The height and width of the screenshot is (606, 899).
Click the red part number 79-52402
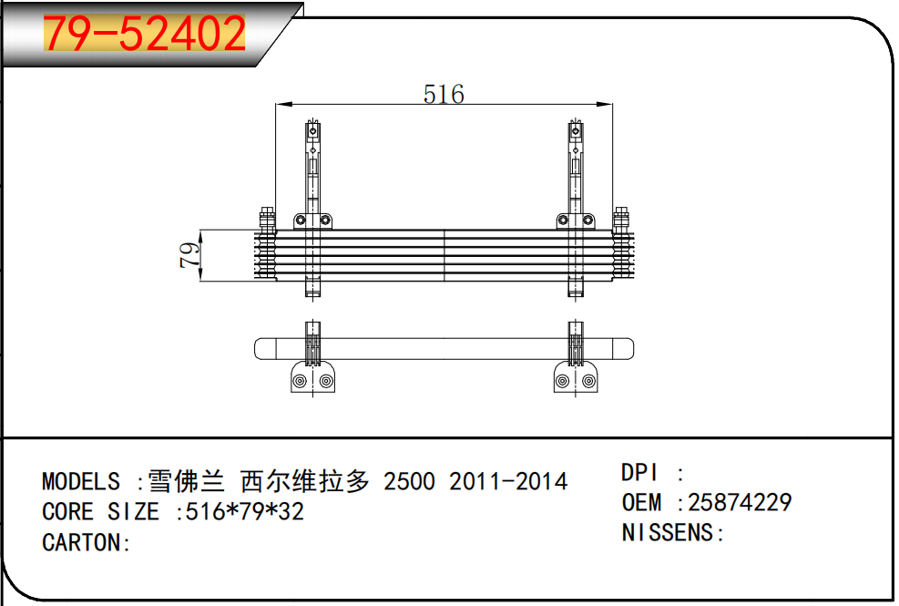145,34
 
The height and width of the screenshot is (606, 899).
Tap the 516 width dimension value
444,94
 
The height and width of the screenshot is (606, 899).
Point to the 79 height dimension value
189,255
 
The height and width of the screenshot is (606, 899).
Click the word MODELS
81,481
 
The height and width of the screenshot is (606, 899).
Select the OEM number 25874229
740,503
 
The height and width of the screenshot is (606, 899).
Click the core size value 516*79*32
245,512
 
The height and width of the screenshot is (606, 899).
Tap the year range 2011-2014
508,481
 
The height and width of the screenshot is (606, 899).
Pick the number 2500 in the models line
409,481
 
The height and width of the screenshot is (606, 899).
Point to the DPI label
639,473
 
